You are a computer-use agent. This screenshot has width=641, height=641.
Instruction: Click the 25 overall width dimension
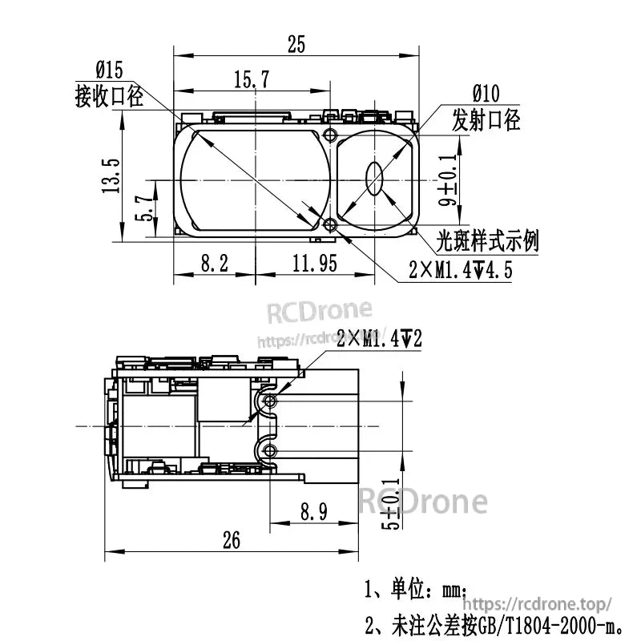click(x=296, y=46)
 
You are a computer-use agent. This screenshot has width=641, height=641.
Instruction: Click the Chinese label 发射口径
click(x=486, y=120)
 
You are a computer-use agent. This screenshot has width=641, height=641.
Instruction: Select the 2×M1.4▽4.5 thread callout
click(x=460, y=270)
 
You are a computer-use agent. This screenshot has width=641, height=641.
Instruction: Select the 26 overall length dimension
click(x=231, y=541)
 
